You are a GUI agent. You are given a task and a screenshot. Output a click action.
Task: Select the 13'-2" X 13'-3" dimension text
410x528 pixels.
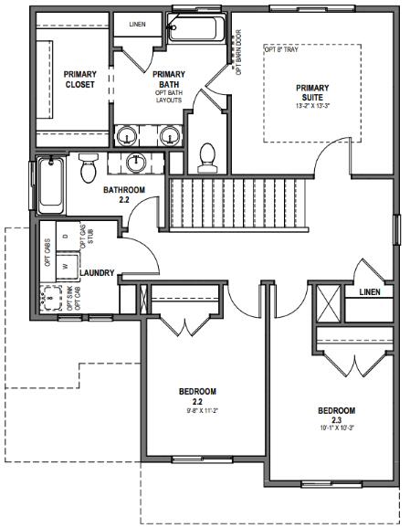point(312,106)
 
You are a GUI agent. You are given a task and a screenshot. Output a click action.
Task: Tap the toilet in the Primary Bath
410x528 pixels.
point(206,156)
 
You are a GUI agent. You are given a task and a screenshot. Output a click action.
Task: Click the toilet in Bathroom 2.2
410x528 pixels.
point(89,168)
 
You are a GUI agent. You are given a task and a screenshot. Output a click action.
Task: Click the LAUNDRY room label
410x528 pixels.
point(97,272)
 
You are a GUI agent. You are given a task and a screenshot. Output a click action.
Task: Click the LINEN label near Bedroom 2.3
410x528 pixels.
point(369,292)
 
